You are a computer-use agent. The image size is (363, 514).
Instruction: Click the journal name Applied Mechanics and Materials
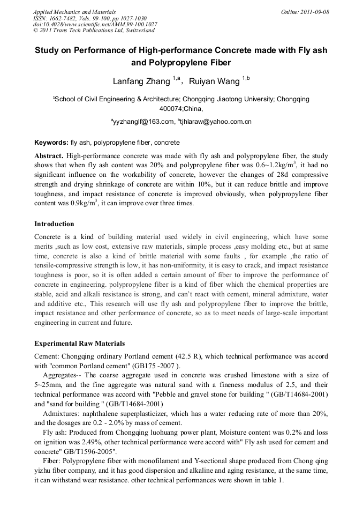[74, 12]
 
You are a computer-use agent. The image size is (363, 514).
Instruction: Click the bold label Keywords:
[51, 143]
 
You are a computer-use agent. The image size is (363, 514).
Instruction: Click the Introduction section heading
[54, 224]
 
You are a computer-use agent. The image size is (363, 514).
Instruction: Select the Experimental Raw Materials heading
[79, 342]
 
